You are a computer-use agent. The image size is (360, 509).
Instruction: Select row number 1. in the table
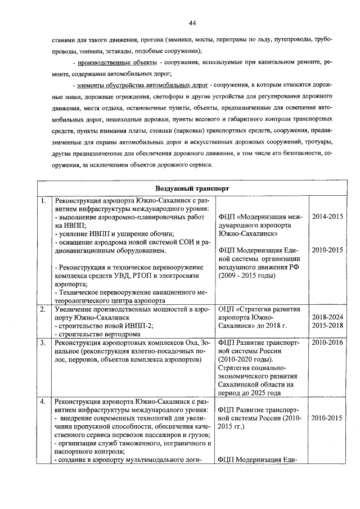[43, 200]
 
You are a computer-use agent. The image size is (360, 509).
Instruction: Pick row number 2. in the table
[43, 309]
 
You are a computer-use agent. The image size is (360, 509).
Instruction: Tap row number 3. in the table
[43, 342]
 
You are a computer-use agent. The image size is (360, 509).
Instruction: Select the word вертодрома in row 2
[106, 334]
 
